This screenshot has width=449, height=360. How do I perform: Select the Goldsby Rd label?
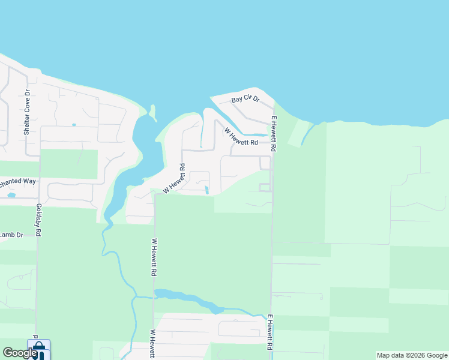[x=38, y=220]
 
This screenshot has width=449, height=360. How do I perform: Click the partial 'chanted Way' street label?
[x=18, y=181]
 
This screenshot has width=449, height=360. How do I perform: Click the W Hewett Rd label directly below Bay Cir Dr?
[x=241, y=137]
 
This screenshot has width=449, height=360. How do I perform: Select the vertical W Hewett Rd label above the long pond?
[x=154, y=257]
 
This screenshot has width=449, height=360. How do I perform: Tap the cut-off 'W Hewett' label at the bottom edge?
[x=154, y=344]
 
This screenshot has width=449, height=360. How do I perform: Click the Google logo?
[x=19, y=353]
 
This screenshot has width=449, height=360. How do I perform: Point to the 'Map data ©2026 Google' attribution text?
[x=412, y=355]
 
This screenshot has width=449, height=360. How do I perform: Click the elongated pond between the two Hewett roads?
[x=186, y=298]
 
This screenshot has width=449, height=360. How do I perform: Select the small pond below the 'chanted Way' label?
[x=11, y=194]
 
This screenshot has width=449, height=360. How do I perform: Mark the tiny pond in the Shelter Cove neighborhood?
[x=74, y=125]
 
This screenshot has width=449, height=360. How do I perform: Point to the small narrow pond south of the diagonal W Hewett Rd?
[x=207, y=190]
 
